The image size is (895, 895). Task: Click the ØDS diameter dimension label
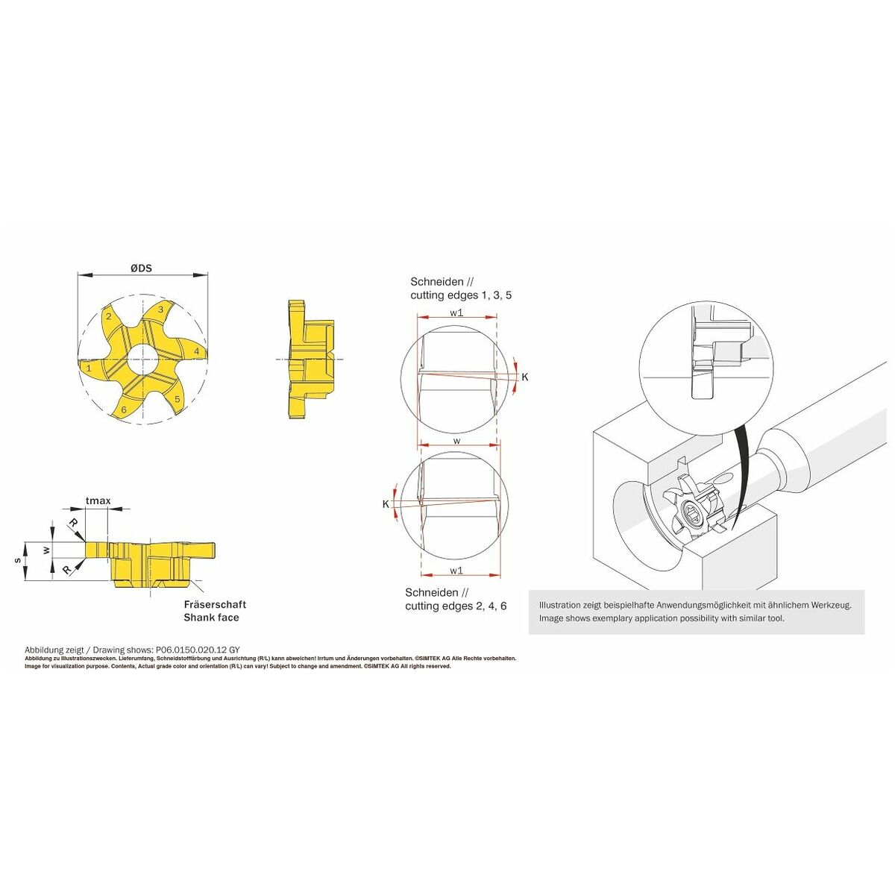[x=141, y=268]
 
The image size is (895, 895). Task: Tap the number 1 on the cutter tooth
[x=89, y=368]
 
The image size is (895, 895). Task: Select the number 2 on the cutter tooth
[x=109, y=316]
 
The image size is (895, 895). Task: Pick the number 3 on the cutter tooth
[x=160, y=310]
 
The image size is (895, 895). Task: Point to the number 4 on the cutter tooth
[x=197, y=351]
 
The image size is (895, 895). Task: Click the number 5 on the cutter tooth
[x=177, y=399]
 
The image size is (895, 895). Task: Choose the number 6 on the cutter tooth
[x=124, y=410]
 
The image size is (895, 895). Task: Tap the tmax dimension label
[x=98, y=500]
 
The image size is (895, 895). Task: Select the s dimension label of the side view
[x=18, y=561]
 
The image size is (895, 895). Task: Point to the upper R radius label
[x=73, y=524]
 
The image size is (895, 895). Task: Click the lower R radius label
[x=68, y=569]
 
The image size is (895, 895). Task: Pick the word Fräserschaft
[x=215, y=604]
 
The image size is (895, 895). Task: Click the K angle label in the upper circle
[x=525, y=377]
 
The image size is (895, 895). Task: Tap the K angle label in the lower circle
[x=386, y=504]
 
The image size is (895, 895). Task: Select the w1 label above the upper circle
[x=456, y=313]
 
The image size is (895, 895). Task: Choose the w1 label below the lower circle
[x=456, y=571]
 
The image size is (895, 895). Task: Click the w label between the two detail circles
[x=457, y=441]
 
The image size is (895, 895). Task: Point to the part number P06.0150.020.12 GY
[x=195, y=650]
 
